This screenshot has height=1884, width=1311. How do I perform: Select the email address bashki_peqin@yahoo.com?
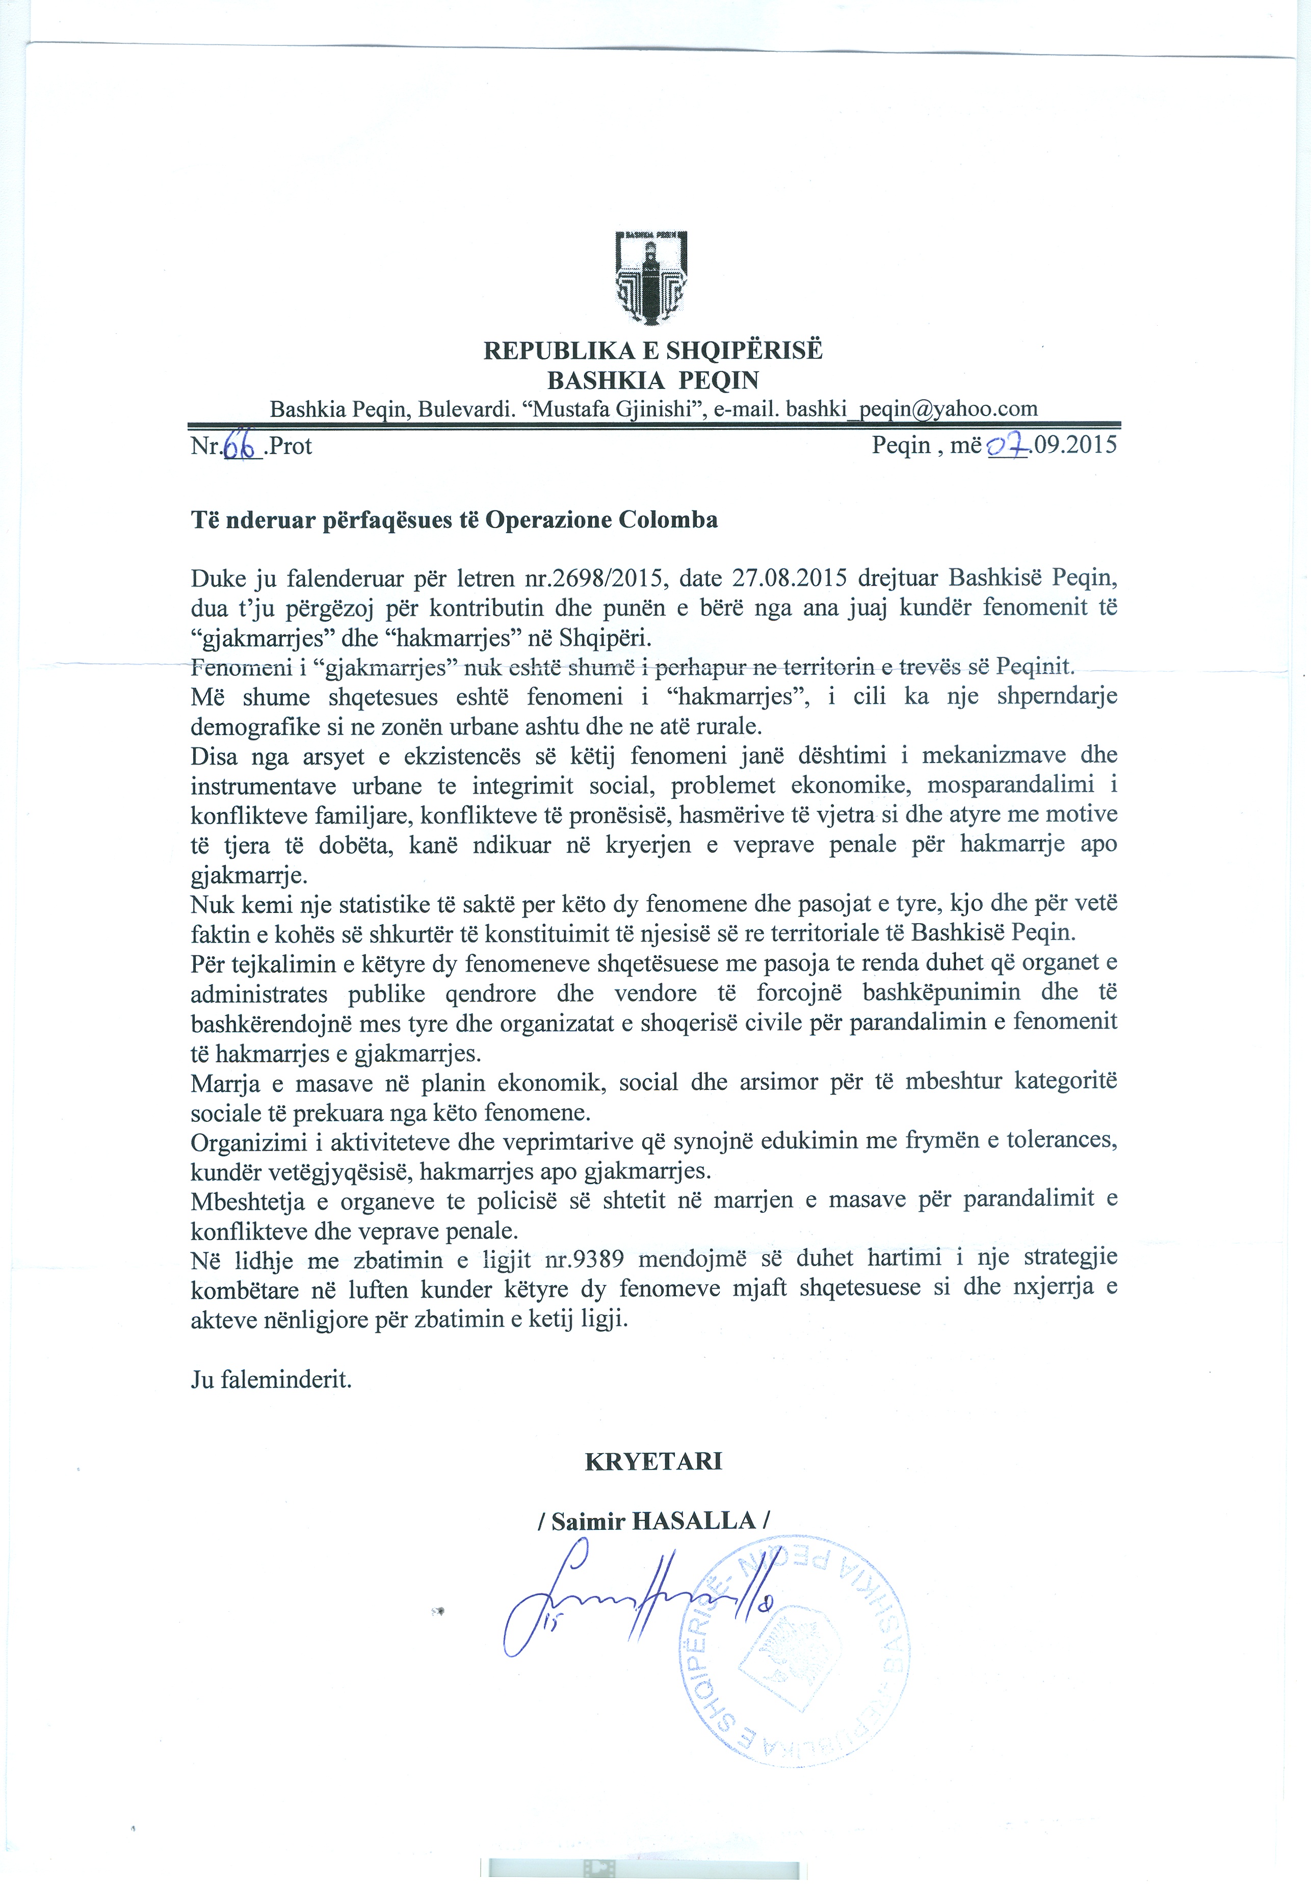click(911, 409)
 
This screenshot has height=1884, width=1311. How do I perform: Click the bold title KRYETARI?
click(653, 1461)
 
